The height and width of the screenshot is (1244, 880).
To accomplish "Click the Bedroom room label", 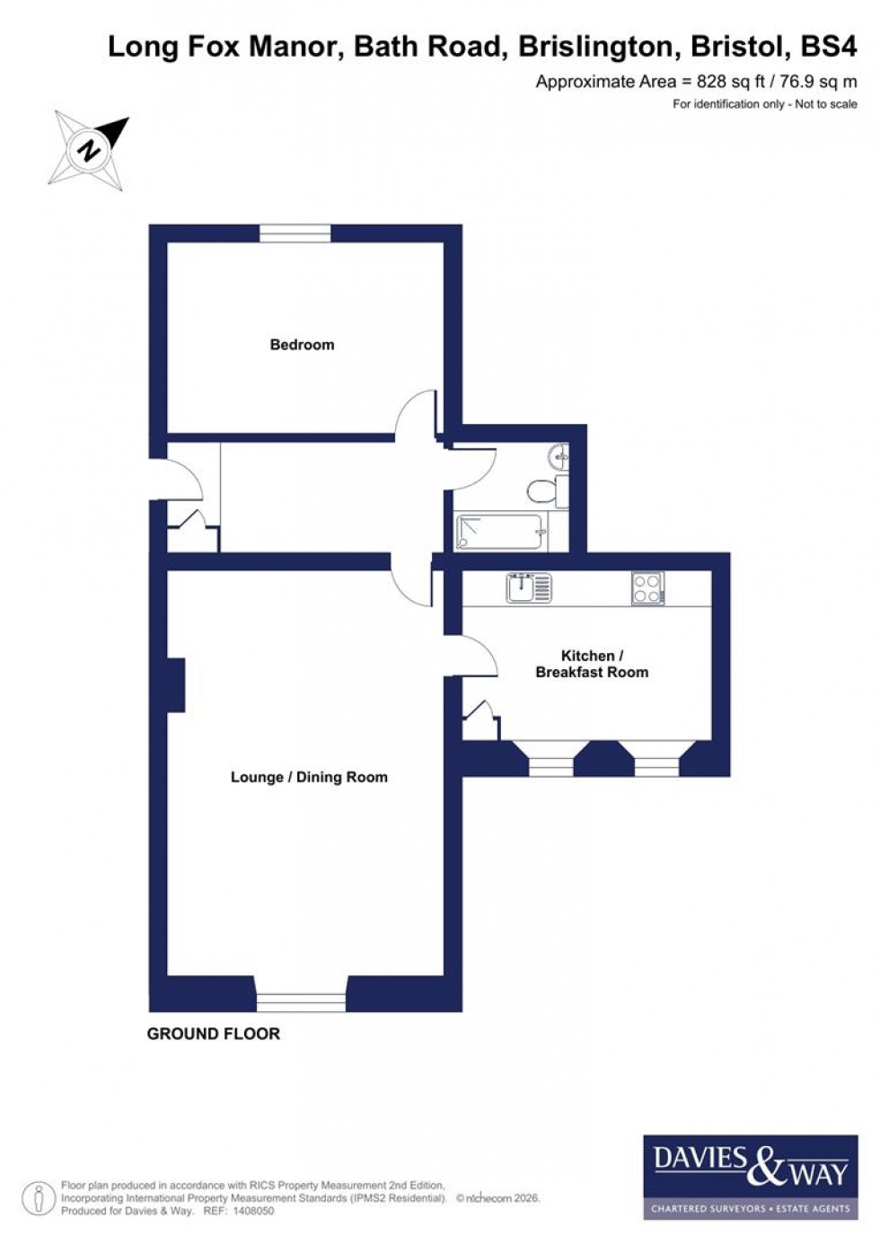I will (302, 345).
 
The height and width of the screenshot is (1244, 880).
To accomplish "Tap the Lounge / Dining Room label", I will (309, 778).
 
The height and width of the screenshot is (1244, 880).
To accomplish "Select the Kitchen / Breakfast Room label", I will (591, 664).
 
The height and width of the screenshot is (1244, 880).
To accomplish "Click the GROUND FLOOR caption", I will (214, 1034).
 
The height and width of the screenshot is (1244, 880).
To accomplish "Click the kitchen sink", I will (528, 587).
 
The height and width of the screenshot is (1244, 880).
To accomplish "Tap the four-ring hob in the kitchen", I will (647, 588).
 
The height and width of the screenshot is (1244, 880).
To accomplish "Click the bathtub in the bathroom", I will (502, 532).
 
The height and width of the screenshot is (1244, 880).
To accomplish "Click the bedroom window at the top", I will (295, 234).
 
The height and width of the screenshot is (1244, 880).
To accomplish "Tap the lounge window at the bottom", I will (301, 1001).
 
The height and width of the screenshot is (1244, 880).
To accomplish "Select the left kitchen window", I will (550, 766).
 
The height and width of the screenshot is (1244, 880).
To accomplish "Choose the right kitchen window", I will (657, 766).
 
